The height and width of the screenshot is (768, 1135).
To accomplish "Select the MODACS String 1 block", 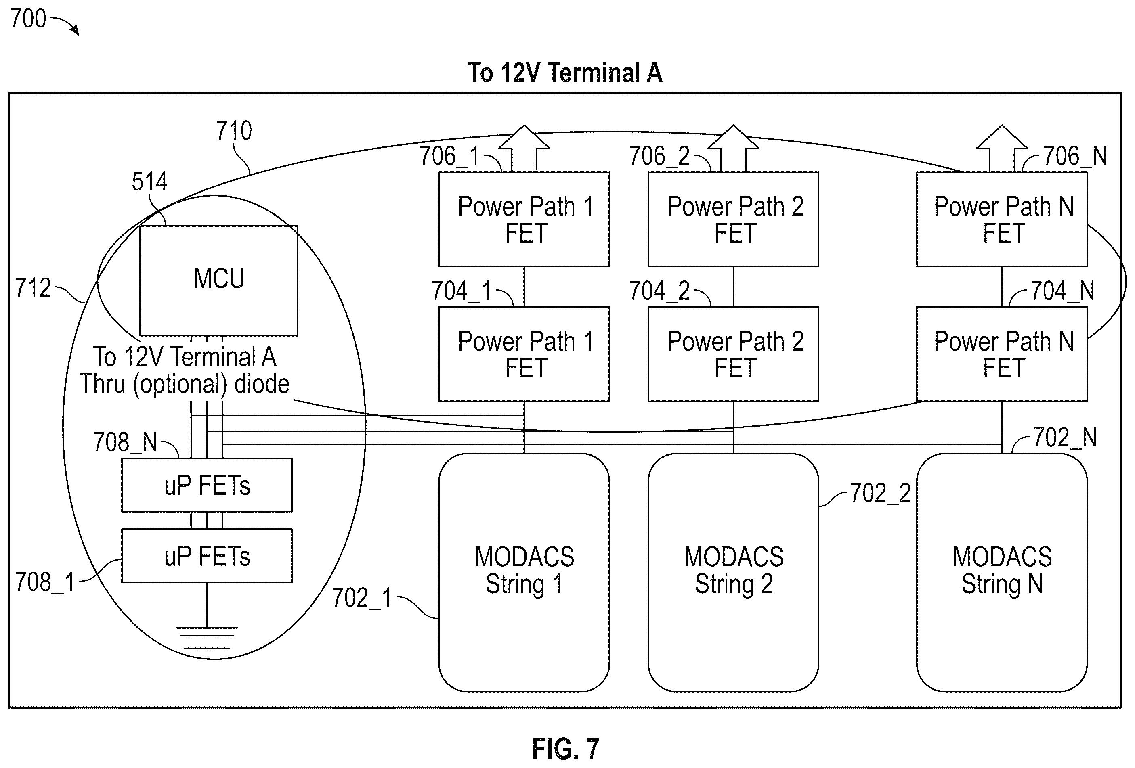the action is point(524,572).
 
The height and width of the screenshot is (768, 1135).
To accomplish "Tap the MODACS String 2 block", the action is point(734,572).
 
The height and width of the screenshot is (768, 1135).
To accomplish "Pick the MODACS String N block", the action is point(1002,572).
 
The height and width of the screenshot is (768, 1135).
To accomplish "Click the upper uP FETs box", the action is point(207,485).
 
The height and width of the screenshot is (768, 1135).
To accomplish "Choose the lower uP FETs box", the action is point(207,556).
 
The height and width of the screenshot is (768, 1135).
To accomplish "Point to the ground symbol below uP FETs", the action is point(207,638).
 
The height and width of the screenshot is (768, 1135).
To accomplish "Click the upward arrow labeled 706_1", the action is point(524,148).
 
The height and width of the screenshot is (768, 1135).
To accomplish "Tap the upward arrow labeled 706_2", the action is point(734,148).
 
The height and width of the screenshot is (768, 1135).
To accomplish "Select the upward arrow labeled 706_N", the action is point(1002,148).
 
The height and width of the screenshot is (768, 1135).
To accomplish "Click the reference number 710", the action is point(234,131).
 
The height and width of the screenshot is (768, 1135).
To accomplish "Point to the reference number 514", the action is point(149,181).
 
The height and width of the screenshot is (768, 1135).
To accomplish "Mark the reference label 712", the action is point(33,288).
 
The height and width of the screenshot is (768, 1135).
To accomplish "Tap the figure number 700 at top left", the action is point(28,19).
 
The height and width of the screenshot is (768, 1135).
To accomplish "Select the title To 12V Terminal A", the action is point(565,73).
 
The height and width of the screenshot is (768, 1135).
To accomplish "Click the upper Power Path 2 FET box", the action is point(734,219).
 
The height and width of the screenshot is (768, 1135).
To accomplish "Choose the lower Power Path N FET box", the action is point(1002,354).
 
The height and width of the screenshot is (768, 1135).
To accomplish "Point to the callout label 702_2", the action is point(881,493).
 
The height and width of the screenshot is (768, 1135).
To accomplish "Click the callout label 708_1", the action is point(45,582).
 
